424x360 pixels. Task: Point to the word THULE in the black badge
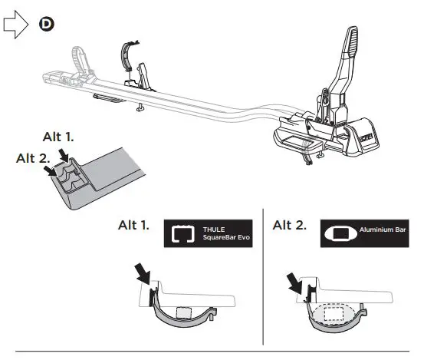[214, 228]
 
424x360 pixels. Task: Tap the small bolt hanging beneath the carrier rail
[142, 107]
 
